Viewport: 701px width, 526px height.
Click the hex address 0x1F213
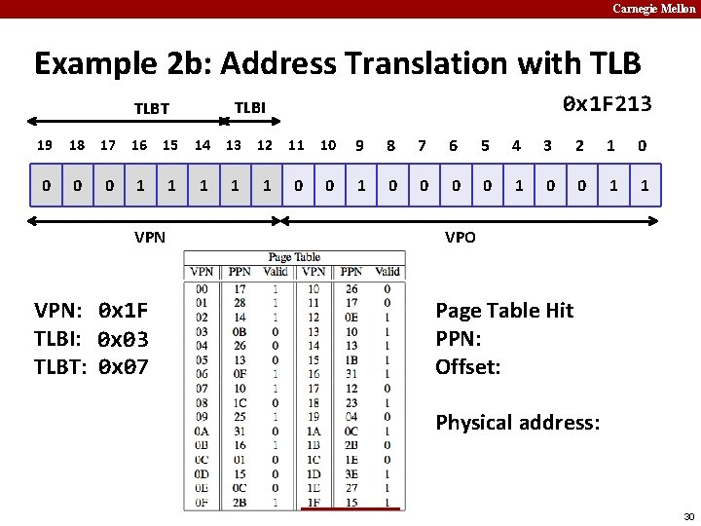click(608, 104)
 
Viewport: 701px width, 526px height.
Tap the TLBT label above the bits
click(151, 109)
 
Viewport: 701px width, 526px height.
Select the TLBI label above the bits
click(250, 106)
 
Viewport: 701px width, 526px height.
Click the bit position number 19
click(45, 145)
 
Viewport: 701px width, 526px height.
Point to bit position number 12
click(264, 145)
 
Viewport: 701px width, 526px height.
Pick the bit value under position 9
click(360, 185)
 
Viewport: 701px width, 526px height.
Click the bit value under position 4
click(517, 185)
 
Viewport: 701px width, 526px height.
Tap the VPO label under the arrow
click(460, 237)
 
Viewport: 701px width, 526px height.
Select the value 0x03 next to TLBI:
click(124, 340)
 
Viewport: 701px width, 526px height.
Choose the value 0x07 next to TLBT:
click(124, 367)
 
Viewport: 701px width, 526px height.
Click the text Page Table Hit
click(504, 311)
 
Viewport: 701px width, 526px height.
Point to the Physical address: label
click(518, 423)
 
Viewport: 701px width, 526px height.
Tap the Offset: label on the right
click(467, 367)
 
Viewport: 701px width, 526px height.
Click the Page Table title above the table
click(294, 257)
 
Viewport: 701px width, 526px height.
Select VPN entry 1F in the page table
click(313, 502)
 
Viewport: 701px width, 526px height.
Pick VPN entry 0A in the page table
click(202, 431)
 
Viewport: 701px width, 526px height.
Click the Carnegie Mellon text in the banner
click(654, 9)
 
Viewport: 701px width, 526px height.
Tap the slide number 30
click(688, 516)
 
